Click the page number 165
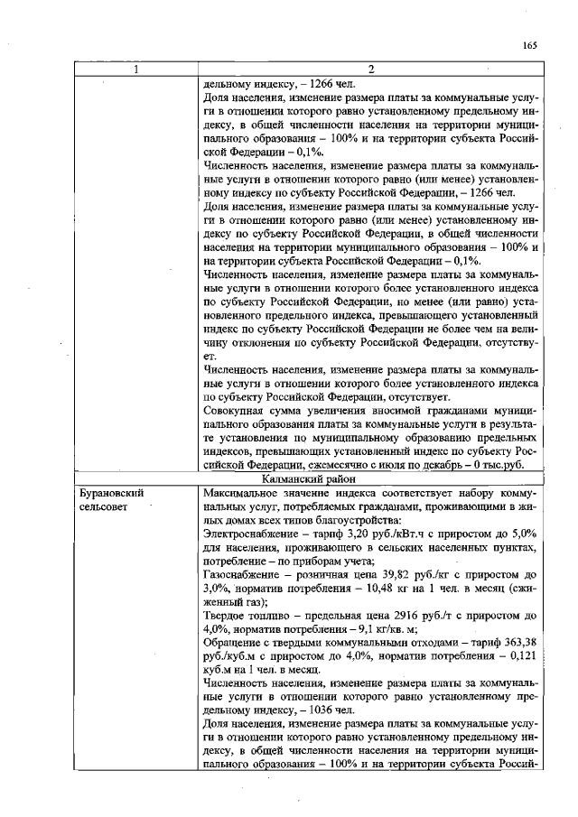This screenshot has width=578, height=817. [529, 46]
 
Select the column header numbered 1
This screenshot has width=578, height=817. [136, 70]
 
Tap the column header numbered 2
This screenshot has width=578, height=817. [372, 70]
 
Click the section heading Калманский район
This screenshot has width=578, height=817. [372, 479]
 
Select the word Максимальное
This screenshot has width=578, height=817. [242, 495]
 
